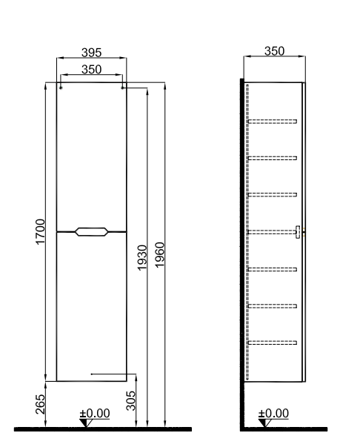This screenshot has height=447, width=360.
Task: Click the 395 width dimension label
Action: [91, 53]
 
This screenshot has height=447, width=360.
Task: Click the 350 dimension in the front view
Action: [91, 69]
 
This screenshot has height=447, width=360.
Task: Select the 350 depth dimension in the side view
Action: [274, 51]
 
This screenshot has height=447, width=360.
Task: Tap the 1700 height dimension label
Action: [40, 231]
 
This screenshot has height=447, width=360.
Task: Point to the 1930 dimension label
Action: [142, 257]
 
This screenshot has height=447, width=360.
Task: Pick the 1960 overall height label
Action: [160, 255]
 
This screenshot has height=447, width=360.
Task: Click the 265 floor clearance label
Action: [40, 404]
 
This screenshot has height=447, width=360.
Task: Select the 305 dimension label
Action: [130, 400]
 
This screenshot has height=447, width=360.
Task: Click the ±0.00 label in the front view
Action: [95, 413]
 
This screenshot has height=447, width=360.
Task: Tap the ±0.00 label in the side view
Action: [273, 413]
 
